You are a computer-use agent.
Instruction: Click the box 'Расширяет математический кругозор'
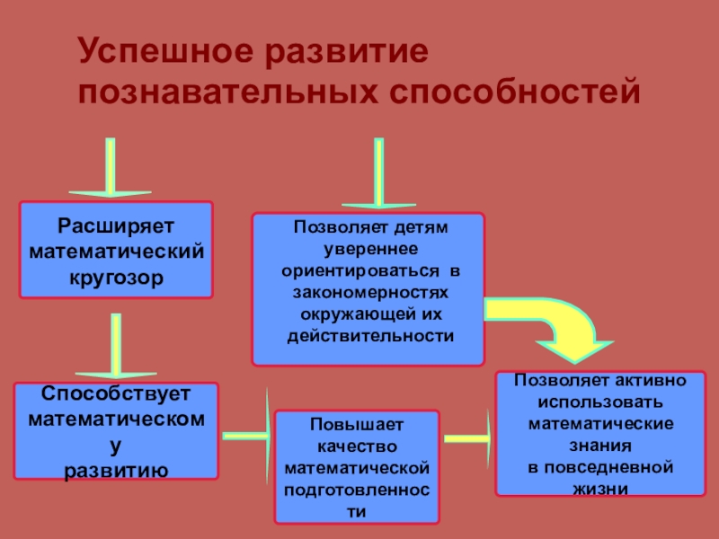117,250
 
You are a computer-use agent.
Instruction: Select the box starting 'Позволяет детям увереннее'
368,288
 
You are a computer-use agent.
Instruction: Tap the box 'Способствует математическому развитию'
116,431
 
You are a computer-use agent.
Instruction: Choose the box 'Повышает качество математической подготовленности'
357,467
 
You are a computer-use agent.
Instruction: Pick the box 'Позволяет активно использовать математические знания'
601,434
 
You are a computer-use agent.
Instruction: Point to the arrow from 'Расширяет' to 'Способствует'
114,346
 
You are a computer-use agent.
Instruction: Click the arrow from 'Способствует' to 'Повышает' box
248,435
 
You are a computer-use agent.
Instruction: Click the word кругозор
117,278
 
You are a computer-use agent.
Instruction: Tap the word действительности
369,335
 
